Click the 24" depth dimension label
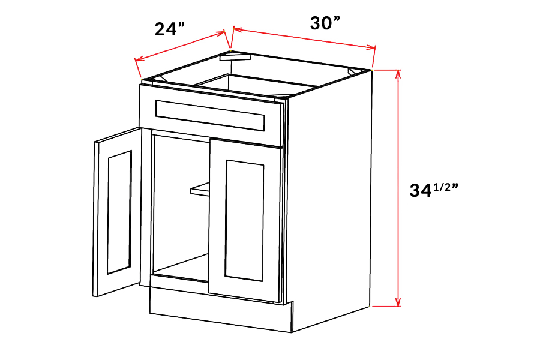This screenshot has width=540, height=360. [169, 29]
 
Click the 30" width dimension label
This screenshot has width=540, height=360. [325, 23]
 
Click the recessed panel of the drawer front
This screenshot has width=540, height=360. [210, 115]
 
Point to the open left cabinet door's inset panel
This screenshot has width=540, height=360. [119, 212]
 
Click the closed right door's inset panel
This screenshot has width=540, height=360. [244, 220]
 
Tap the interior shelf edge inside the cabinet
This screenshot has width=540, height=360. [200, 190]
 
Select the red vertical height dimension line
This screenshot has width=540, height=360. [398, 188]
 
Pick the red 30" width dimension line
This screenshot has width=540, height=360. [304, 38]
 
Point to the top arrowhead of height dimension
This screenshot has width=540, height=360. [398, 74]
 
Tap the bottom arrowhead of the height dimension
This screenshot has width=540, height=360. [398, 302]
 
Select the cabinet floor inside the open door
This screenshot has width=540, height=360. [181, 267]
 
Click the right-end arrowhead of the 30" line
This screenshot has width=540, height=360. [371, 48]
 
